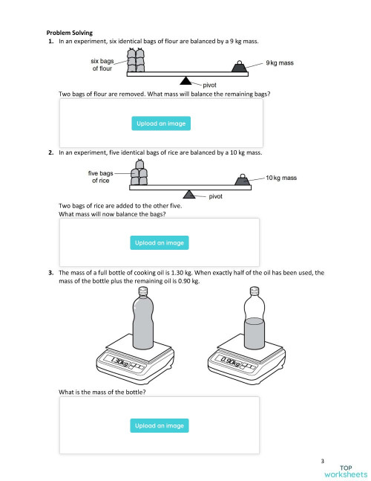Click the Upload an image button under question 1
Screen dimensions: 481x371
160,123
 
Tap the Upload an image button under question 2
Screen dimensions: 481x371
160,242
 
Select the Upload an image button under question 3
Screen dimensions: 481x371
160,425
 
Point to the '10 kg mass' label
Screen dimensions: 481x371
281,178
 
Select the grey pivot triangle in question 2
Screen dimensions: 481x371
191,194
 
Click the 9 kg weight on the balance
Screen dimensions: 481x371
239,67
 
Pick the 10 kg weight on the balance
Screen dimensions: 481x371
242,180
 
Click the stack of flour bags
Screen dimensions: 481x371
135,61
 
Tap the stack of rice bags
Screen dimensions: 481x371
139,175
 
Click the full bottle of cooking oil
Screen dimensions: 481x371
142,320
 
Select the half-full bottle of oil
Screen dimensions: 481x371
254,320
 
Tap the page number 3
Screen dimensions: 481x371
323,462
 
